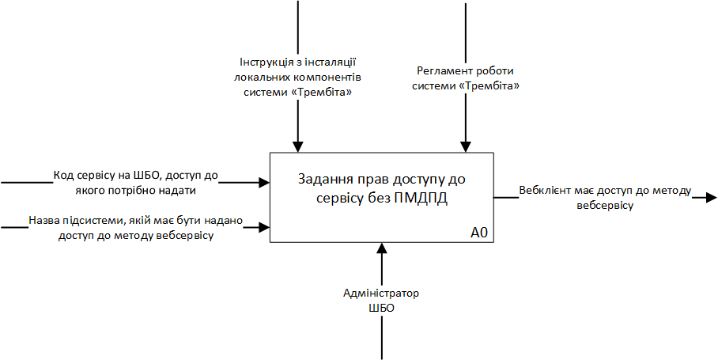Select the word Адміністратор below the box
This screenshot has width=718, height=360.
click(381, 294)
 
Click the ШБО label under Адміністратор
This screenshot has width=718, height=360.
click(381, 308)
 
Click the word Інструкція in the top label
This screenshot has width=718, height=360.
click(264, 62)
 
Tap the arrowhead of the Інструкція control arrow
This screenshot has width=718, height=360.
click(297, 146)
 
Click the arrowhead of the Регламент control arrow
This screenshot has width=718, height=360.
click(466, 146)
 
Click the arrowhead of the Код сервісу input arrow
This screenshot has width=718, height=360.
click(264, 183)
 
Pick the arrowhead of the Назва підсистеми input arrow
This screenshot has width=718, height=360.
click(264, 228)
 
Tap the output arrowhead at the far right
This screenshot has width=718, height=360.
click(712, 197)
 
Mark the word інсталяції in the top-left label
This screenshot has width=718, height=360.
click(336, 62)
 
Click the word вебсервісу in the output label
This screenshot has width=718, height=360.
click(605, 205)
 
